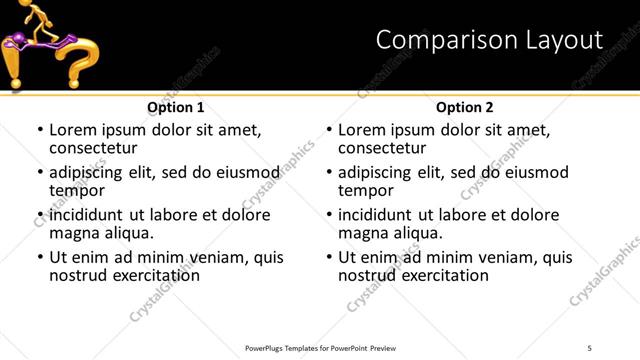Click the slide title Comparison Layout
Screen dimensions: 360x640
[489, 40]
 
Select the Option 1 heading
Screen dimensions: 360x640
[176, 107]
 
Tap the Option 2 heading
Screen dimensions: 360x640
[465, 107]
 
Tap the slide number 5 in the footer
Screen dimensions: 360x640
[590, 347]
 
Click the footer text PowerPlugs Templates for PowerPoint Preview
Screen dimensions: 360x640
[322, 347]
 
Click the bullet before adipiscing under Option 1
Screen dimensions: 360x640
[40, 173]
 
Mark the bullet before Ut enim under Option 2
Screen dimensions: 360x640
[329, 258]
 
